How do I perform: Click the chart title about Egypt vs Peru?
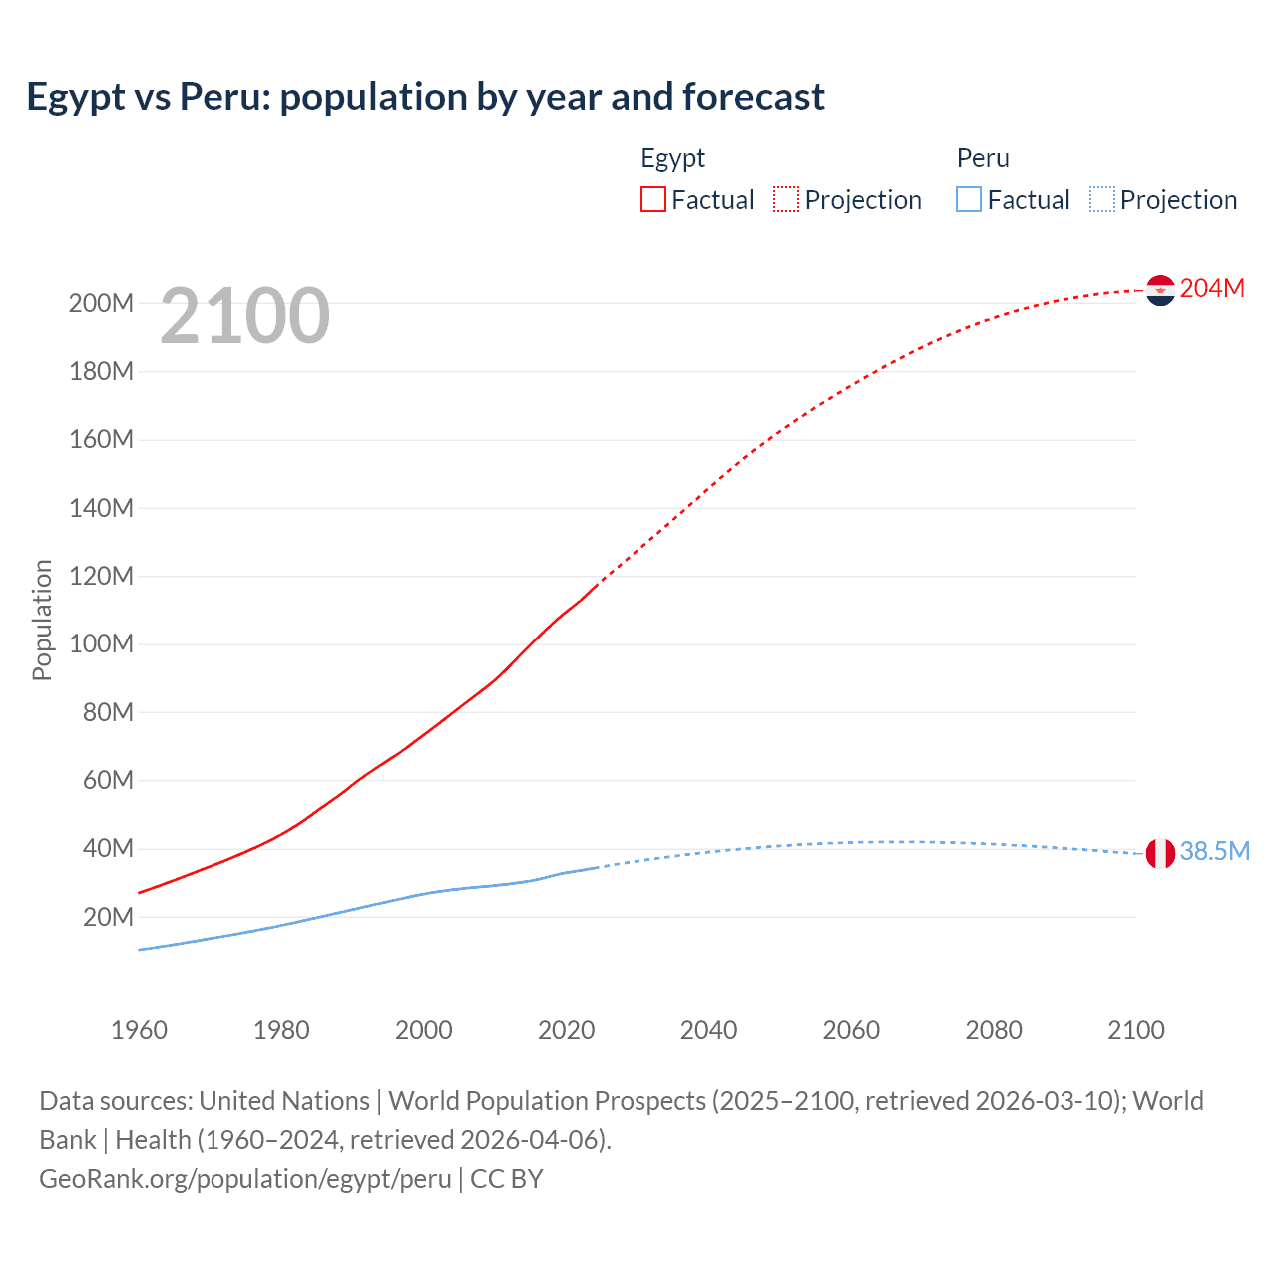tap(425, 97)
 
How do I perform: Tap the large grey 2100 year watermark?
tap(244, 316)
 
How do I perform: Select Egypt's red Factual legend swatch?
tap(653, 199)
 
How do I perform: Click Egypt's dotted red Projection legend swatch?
tap(786, 199)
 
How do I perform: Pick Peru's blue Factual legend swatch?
tap(969, 199)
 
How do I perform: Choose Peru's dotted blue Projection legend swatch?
tap(1102, 199)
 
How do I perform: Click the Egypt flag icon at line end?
tap(1160, 290)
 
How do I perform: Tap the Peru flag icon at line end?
tap(1160, 853)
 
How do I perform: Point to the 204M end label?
tap(1212, 288)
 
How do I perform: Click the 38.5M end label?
tap(1214, 851)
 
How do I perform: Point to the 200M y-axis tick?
tap(101, 303)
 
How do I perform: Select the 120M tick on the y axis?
tap(101, 576)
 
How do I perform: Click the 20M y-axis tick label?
tap(108, 917)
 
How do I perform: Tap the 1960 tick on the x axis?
tap(139, 1030)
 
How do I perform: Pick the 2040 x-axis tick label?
tap(708, 1030)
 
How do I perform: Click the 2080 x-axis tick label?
tap(994, 1030)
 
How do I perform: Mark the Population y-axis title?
tap(42, 620)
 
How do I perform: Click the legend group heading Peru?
tap(983, 158)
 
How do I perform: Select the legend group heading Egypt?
tap(672, 158)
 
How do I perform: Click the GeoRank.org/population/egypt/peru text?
tap(245, 1179)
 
